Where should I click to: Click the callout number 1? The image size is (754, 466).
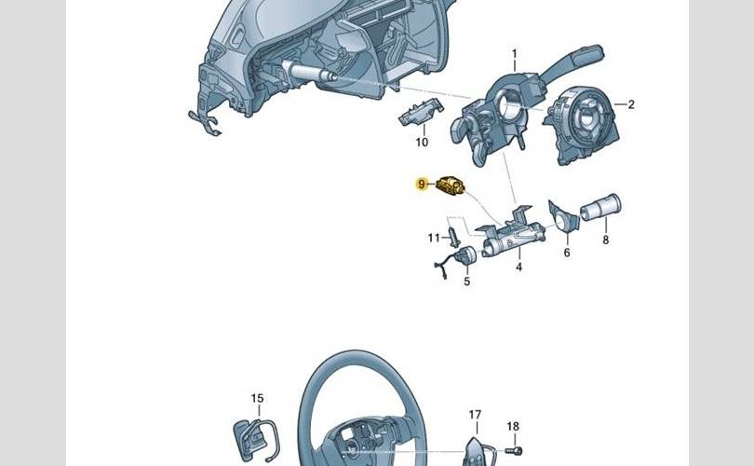515,53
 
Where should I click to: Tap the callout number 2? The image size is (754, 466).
631,104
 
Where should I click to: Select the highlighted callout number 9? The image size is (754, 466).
422,184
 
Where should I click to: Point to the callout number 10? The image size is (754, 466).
422,142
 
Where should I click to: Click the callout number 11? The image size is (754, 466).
434,238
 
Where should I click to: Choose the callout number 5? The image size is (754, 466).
467,281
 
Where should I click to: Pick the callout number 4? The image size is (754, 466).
518,267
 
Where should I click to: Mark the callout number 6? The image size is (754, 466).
567,253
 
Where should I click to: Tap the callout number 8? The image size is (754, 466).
605,240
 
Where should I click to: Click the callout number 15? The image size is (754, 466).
257,398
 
